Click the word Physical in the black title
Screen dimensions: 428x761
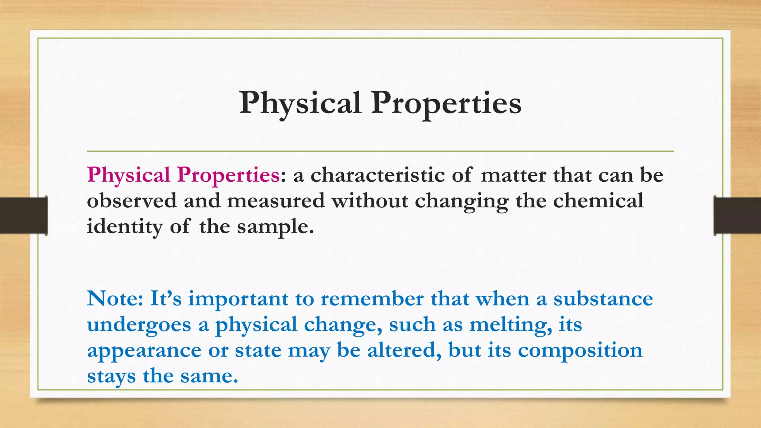pos(300,103)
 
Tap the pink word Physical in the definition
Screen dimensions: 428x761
pos(129,175)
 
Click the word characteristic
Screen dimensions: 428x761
pos(377,175)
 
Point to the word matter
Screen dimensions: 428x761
pos(513,175)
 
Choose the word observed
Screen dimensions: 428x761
pos(132,201)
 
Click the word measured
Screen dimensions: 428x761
pos(276,201)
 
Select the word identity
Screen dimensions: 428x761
pos(124,226)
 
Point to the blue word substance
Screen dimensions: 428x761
pos(603,298)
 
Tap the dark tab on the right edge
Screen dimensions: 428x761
pos(737,215)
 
